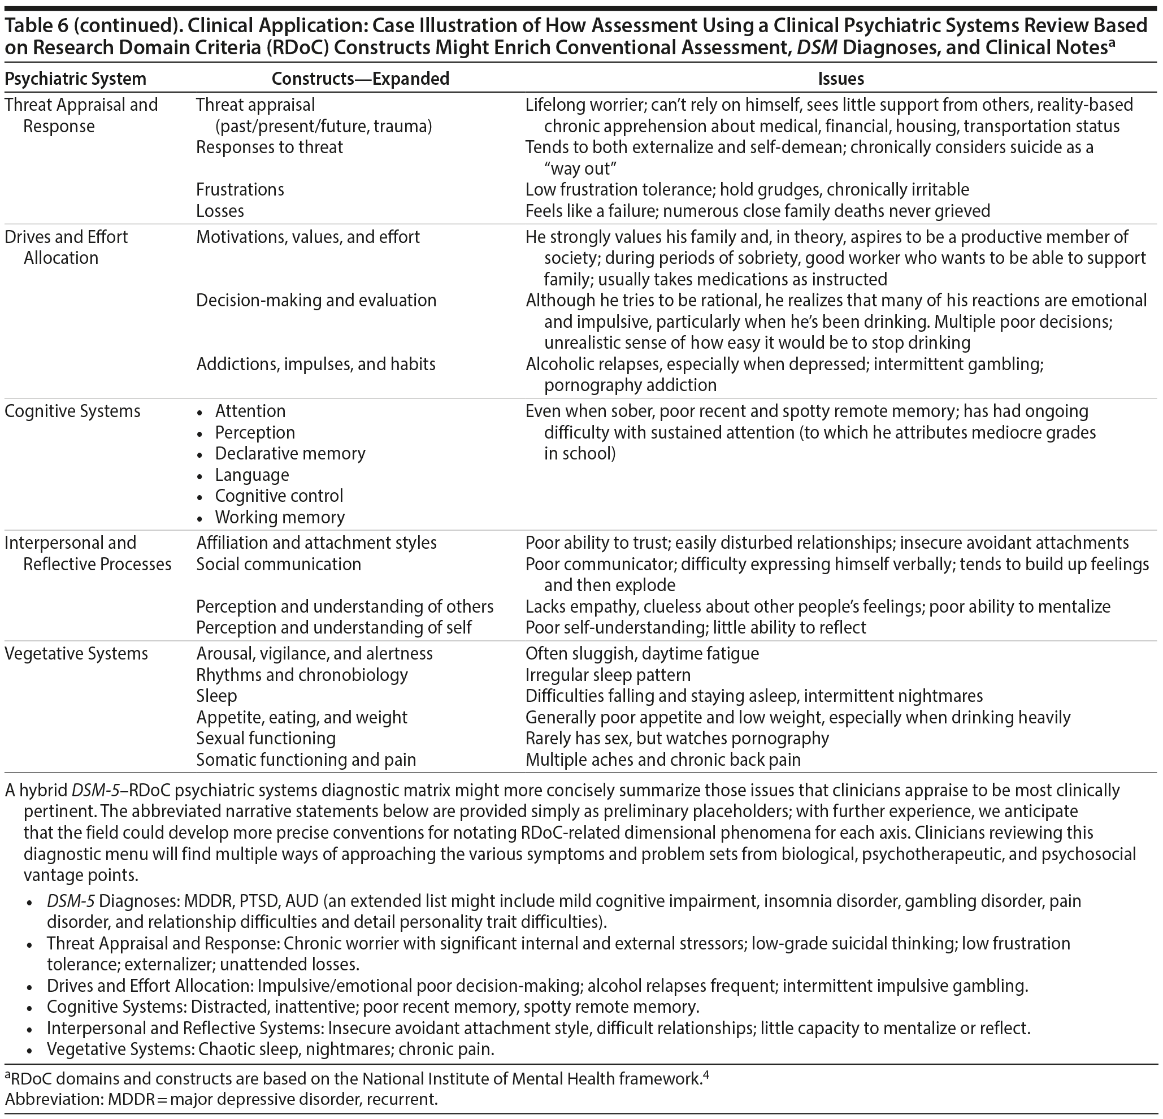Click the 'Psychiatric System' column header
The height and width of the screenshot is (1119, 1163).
pyautogui.click(x=75, y=79)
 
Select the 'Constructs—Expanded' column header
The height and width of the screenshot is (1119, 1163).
pyautogui.click(x=360, y=79)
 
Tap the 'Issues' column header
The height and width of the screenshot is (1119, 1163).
pyautogui.click(x=841, y=79)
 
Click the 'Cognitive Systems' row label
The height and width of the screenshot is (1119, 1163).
pyautogui.click(x=72, y=411)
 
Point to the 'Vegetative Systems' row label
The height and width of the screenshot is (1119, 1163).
pyautogui.click(x=76, y=653)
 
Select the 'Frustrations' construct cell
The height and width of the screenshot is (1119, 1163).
pyautogui.click(x=240, y=189)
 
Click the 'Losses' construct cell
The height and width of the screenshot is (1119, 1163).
pyautogui.click(x=220, y=211)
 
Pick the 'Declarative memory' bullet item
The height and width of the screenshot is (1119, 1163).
pyautogui.click(x=290, y=453)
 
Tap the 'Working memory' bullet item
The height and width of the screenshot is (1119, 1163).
pyautogui.click(x=280, y=517)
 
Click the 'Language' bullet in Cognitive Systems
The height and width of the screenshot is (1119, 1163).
pyautogui.click(x=252, y=475)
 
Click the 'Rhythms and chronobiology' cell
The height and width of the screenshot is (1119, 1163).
pyautogui.click(x=302, y=675)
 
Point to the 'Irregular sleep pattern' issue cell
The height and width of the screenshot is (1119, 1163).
pyautogui.click(x=608, y=675)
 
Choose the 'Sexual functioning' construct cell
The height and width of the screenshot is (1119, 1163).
pyautogui.click(x=266, y=738)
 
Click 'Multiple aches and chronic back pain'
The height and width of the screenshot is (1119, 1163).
pyautogui.click(x=663, y=760)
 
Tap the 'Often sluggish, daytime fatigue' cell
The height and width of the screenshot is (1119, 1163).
pyautogui.click(x=642, y=653)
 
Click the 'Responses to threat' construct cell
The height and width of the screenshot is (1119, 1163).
pyautogui.click(x=270, y=147)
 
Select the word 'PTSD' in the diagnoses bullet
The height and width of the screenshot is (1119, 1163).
pyautogui.click(x=258, y=901)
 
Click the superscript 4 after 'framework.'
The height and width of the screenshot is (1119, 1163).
pyautogui.click(x=706, y=1074)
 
